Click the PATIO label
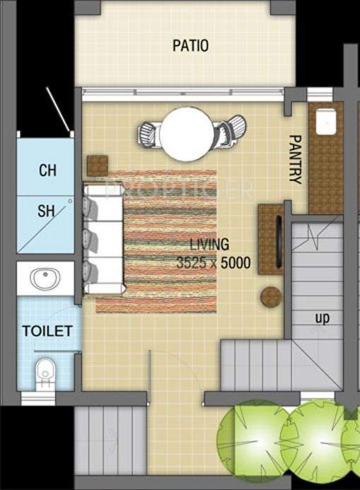point(190,46)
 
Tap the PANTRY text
point(295,159)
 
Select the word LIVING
point(209,245)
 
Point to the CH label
point(47,170)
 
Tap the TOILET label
point(47,331)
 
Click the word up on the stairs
point(323,318)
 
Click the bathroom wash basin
point(45,279)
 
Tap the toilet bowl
point(45,371)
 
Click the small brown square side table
point(98,165)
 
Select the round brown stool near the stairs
point(271,297)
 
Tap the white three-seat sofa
point(103,239)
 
